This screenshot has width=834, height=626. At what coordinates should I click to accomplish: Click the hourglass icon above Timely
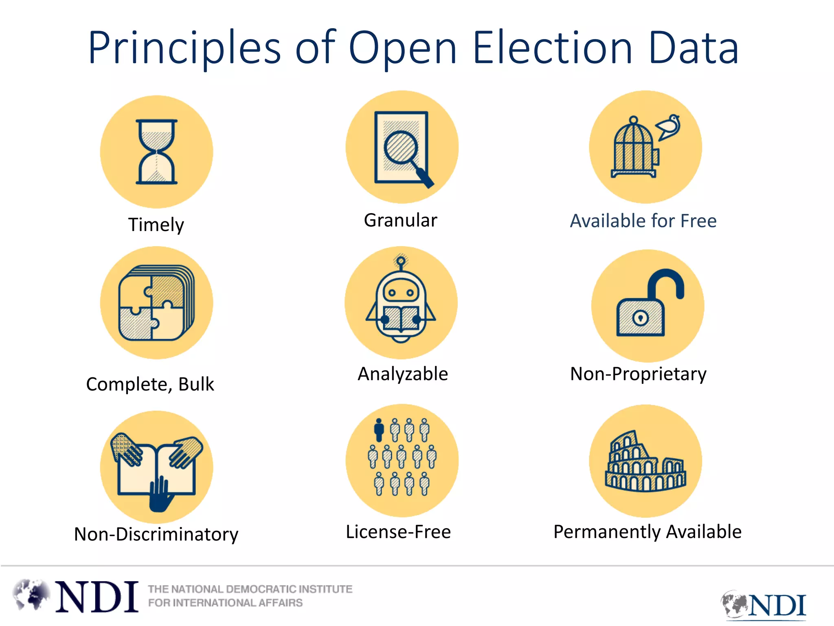coord(156,152)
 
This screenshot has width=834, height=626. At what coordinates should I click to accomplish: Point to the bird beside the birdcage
coord(669,127)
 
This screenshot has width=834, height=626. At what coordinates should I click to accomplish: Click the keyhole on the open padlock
coord(640,317)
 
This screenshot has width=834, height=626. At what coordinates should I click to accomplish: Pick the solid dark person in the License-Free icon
coord(379,430)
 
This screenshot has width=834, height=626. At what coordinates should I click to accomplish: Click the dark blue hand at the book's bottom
coord(160,495)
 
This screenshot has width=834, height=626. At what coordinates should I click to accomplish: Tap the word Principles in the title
coord(184,48)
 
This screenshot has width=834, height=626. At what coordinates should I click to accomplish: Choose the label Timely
coord(156,225)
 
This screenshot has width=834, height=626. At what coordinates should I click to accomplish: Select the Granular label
coord(400,220)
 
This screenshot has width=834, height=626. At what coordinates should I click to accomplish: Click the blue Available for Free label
coord(643,221)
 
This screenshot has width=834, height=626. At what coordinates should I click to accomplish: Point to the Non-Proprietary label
coord(638,374)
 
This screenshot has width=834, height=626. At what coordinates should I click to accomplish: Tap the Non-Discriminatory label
coord(156,534)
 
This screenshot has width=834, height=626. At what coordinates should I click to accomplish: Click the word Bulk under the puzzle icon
coord(196,384)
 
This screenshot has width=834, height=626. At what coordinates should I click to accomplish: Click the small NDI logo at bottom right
coord(764,604)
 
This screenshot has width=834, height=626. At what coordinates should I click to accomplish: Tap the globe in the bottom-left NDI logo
coord(31,595)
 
